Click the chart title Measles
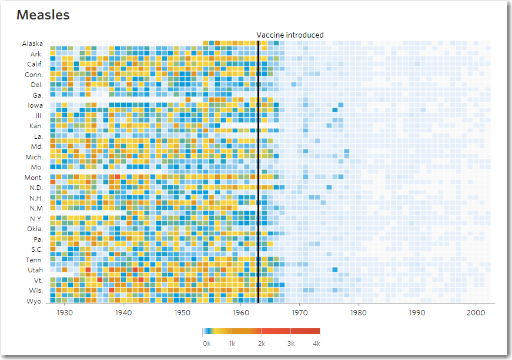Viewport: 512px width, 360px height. coord(43,15)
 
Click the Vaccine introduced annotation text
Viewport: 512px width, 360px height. coord(290,35)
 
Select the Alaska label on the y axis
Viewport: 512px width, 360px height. coord(32,44)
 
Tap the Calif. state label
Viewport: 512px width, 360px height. coord(34,64)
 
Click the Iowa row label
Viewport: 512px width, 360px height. coord(35,105)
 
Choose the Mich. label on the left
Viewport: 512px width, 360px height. coord(34,157)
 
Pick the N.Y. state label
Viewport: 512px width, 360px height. coord(35,219)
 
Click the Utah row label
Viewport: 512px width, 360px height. coord(35,270)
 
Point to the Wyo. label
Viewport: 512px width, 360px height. coord(35,301)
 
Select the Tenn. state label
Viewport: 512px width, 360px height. coord(34,260)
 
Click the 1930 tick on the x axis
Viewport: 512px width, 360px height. coord(65,312)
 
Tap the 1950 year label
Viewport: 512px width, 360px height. coord(182,312)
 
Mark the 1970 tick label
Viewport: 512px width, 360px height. coord(300,312)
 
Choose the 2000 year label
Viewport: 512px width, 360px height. coord(476,312)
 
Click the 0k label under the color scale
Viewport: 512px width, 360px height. coord(207,343)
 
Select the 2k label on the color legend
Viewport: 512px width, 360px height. coord(261,343)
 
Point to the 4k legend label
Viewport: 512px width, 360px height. coord(316,343)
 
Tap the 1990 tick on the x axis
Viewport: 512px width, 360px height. coord(417,312)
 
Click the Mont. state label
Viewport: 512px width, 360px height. coord(33,178)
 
